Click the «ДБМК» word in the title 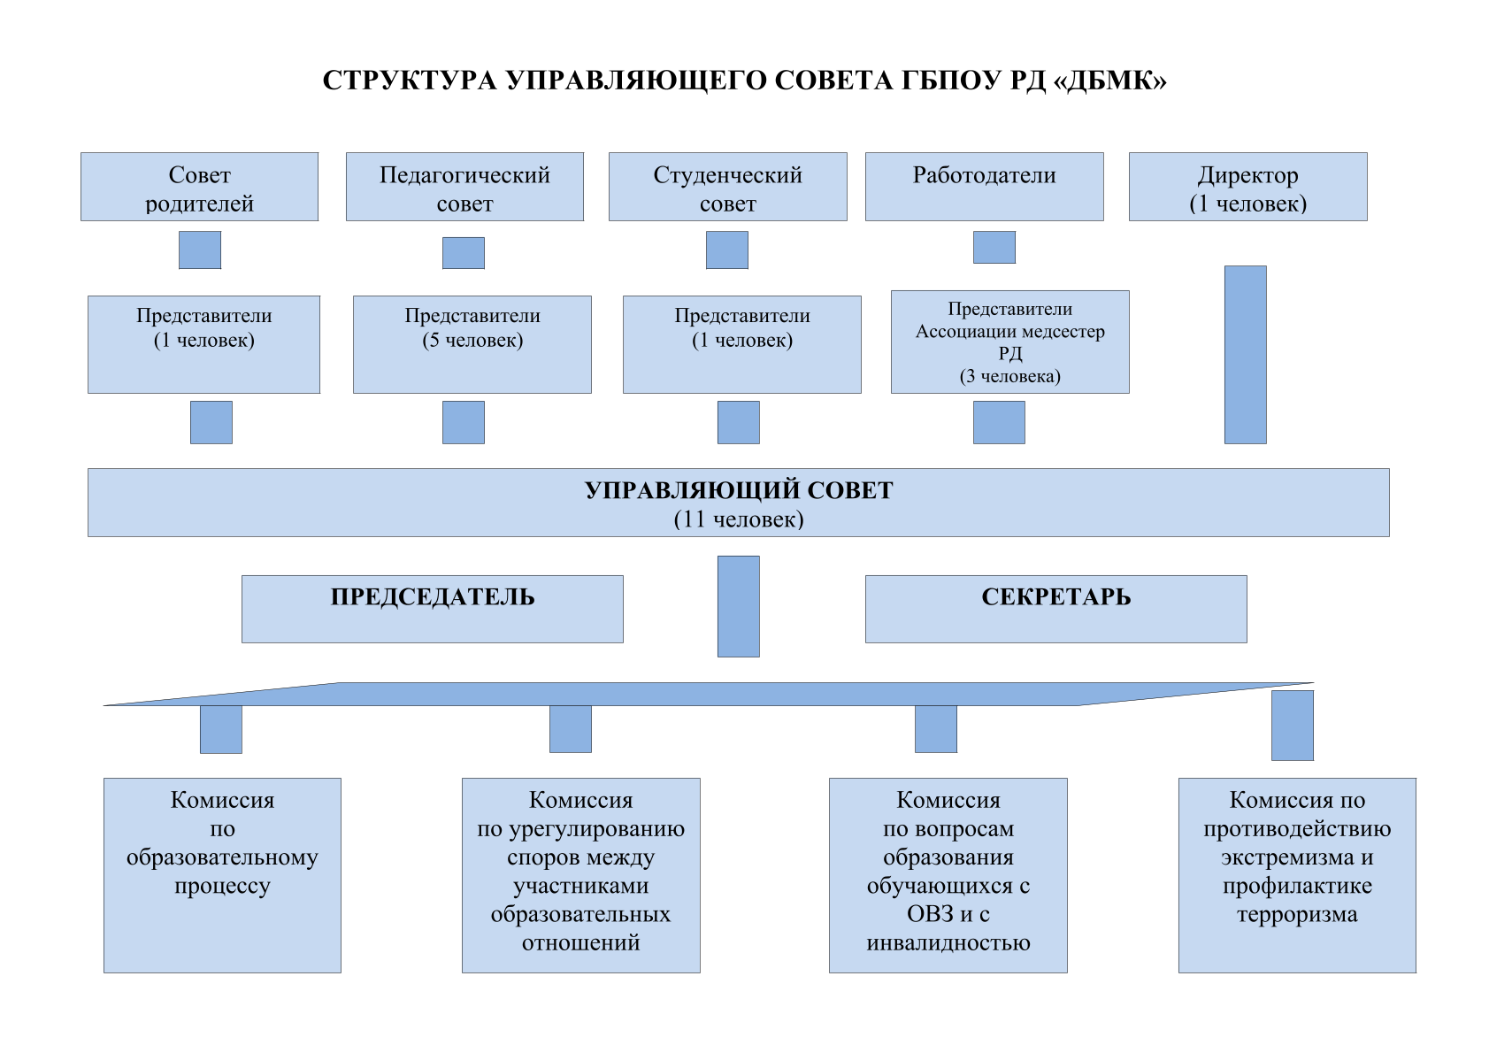coord(1110,81)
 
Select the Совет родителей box coord(199,187)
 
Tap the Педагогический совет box coord(464,187)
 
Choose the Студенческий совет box coord(728,187)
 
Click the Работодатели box coord(985,187)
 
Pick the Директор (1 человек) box coord(1248,187)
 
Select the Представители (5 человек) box coord(472,344)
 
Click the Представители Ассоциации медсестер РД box coord(1010,342)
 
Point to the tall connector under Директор coord(1246,355)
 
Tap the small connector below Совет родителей coord(200,250)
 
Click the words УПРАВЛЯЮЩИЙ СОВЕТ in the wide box coord(739,490)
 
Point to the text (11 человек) coord(739,519)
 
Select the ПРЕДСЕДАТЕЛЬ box coord(433,609)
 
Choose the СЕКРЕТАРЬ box coord(1056,609)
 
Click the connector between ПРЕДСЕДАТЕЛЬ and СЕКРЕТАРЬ coord(739,606)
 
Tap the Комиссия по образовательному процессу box coord(223,875)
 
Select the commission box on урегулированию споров coord(581,875)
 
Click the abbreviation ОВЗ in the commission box coord(931,914)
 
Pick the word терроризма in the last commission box coord(1298,915)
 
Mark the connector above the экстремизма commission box coord(1293,726)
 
